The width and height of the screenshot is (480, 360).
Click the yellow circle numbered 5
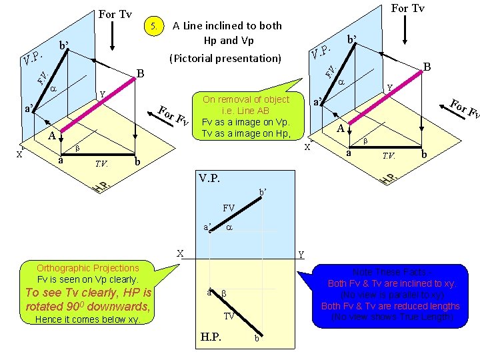tap(155, 27)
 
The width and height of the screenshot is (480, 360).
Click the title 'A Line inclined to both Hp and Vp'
tap(227, 33)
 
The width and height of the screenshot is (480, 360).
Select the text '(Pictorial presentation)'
tap(225, 58)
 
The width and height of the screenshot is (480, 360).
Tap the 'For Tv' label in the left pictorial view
tap(115, 14)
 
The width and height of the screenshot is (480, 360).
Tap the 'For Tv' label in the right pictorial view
tap(407, 9)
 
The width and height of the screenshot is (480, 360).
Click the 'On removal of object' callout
tap(246, 116)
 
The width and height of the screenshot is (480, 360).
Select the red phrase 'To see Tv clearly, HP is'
tap(88, 293)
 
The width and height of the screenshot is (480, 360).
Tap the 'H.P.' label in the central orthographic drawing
tap(213, 336)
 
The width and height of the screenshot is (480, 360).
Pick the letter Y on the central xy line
tap(301, 254)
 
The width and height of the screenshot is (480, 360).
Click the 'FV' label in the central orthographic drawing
tap(229, 208)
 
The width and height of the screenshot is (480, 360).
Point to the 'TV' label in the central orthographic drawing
tap(229, 316)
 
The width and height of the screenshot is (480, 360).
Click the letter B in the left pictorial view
tap(140, 73)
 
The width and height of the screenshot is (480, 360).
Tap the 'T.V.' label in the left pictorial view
tap(101, 162)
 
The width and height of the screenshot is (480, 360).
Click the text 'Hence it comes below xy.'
tap(88, 319)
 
